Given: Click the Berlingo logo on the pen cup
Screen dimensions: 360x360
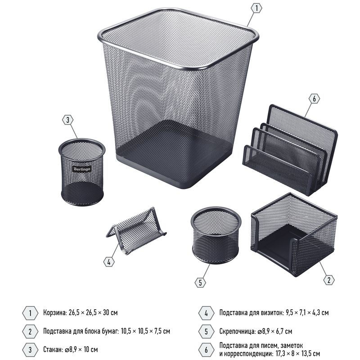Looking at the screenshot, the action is click(82, 169).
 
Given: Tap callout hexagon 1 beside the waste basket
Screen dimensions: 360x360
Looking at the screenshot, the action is click(256, 8).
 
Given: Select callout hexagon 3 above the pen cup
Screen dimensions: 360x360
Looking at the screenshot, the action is click(68, 120).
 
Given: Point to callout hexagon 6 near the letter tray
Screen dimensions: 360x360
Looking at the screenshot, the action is click(314, 99).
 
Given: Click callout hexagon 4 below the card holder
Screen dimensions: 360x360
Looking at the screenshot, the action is click(109, 262).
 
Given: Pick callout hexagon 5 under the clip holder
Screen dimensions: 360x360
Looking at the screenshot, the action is click(200, 283).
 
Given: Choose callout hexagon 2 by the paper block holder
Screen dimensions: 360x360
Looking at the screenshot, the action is click(329, 280).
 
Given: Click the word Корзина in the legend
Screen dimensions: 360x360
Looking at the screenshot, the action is click(55, 313).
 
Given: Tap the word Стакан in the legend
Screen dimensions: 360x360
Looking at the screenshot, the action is click(53, 350).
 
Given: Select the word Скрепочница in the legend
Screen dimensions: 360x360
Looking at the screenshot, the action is click(238, 331).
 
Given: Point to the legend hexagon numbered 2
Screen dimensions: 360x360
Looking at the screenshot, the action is click(30, 332).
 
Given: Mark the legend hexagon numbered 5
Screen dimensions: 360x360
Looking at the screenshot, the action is click(206, 332).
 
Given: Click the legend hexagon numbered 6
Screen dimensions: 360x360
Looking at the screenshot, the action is click(206, 350).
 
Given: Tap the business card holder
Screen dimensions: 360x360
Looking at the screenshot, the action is click(136, 230).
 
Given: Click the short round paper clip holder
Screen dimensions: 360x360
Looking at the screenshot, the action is click(216, 235).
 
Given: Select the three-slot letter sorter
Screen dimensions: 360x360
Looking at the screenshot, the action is click(290, 150).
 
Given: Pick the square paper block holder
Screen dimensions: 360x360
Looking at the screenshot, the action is click(294, 234).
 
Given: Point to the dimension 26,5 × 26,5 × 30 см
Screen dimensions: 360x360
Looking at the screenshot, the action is click(93, 313).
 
